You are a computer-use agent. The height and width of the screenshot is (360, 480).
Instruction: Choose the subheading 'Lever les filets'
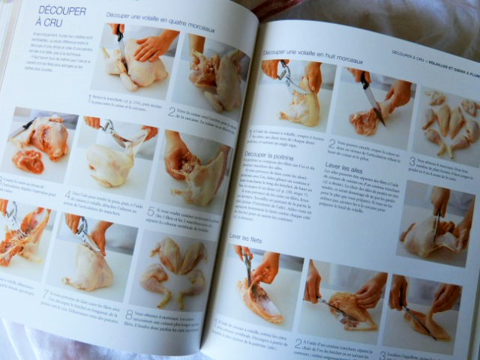(x=250, y=237)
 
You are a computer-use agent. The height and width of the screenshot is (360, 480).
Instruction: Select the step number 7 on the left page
(x=45, y=294)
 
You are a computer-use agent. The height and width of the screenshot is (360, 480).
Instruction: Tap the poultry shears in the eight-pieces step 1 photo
(x=286, y=75)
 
